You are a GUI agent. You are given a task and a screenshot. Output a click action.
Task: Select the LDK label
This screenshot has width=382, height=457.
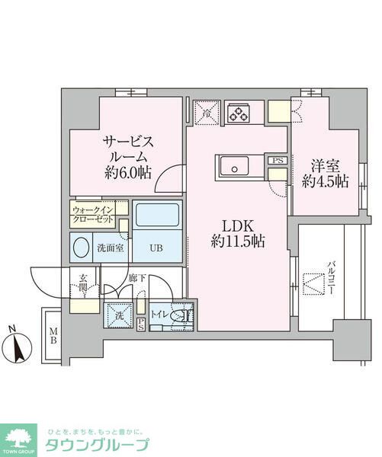pos(237,226)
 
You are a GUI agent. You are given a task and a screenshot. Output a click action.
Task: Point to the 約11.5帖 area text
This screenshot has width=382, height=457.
pos(237,243)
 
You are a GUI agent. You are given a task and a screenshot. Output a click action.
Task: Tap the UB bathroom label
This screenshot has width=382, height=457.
pos(156,248)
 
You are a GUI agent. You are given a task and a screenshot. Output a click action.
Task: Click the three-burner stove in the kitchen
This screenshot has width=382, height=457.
pos(242,113)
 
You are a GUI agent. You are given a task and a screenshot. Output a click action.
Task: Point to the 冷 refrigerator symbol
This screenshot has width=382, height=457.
pos(206,113)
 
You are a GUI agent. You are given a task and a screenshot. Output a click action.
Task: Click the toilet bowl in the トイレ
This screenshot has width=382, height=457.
pos(178,315)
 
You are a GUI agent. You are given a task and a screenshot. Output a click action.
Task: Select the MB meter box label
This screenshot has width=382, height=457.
pos(53,335)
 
